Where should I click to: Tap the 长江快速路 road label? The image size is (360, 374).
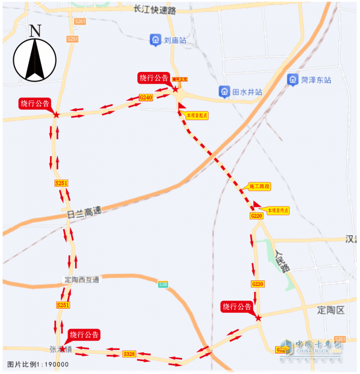pyautogui.click(x=154, y=10)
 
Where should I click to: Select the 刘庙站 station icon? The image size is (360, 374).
pyautogui.click(x=155, y=40)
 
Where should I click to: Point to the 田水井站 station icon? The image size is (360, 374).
pyautogui.click(x=224, y=91)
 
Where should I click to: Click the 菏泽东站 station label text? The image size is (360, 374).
pyautogui.click(x=316, y=80)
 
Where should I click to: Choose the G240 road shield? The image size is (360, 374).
pyautogui.click(x=146, y=97)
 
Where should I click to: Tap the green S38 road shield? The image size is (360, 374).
pyautogui.click(x=163, y=284)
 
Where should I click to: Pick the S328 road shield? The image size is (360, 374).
pyautogui.click(x=129, y=354)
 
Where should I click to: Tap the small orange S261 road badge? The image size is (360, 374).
pyautogui.click(x=80, y=22)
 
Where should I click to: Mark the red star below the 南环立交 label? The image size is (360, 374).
pyautogui.click(x=176, y=89)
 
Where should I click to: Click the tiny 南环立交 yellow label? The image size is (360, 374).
pyautogui.click(x=180, y=80)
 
